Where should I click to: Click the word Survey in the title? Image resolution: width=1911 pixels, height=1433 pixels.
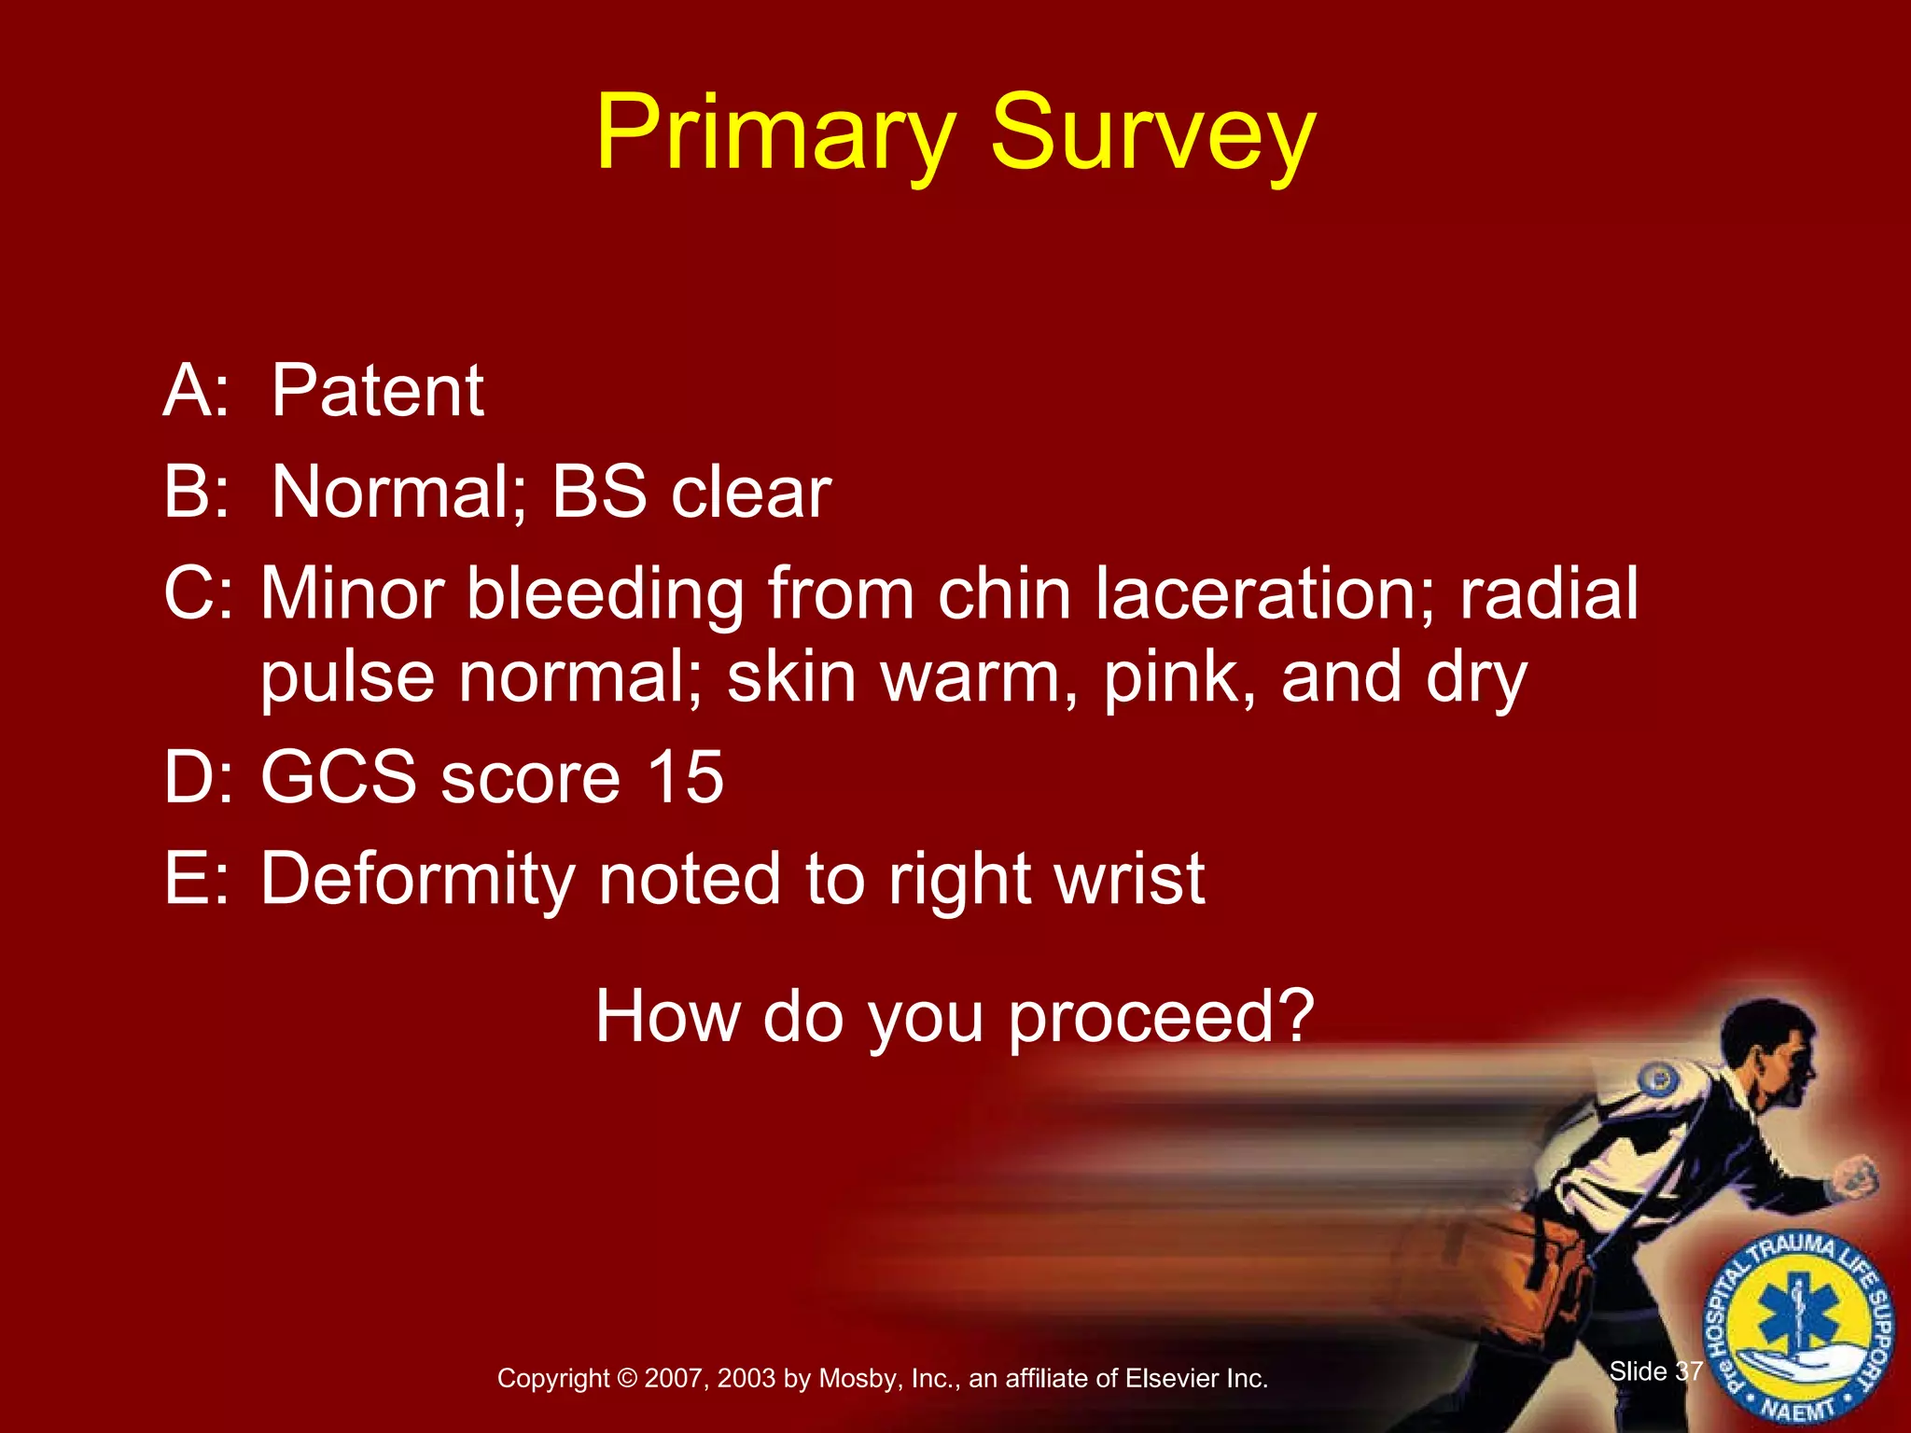(x=1152, y=135)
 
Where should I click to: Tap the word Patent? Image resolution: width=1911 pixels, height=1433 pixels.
(x=378, y=391)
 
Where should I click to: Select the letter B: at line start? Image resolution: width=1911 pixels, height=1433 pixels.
(x=196, y=492)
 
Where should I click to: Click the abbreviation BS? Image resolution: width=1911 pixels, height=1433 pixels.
(x=599, y=492)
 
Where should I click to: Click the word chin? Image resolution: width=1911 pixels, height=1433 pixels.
(x=1003, y=593)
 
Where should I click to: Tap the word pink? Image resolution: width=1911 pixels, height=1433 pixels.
(x=1179, y=679)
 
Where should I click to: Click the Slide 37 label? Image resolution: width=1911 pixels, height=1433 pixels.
(x=1655, y=1371)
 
